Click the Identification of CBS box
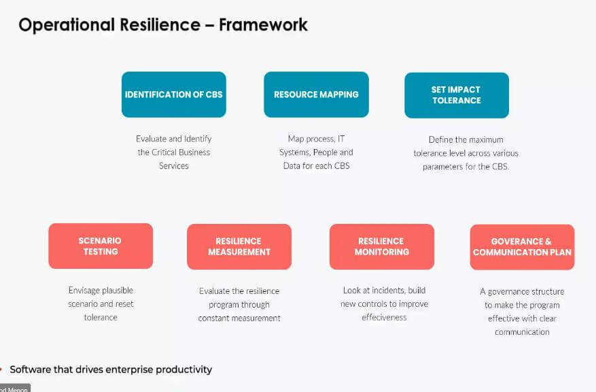point(174,95)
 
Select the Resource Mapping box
point(316,95)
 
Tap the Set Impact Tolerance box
point(457,95)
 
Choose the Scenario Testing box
point(101,246)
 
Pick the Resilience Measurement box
point(239,246)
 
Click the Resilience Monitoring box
point(382,246)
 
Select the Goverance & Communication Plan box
point(522,247)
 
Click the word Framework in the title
point(264,24)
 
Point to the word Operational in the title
point(67,25)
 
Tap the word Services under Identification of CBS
point(174,166)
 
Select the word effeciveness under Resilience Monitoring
point(384,317)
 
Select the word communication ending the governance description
point(522,332)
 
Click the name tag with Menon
point(14,388)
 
